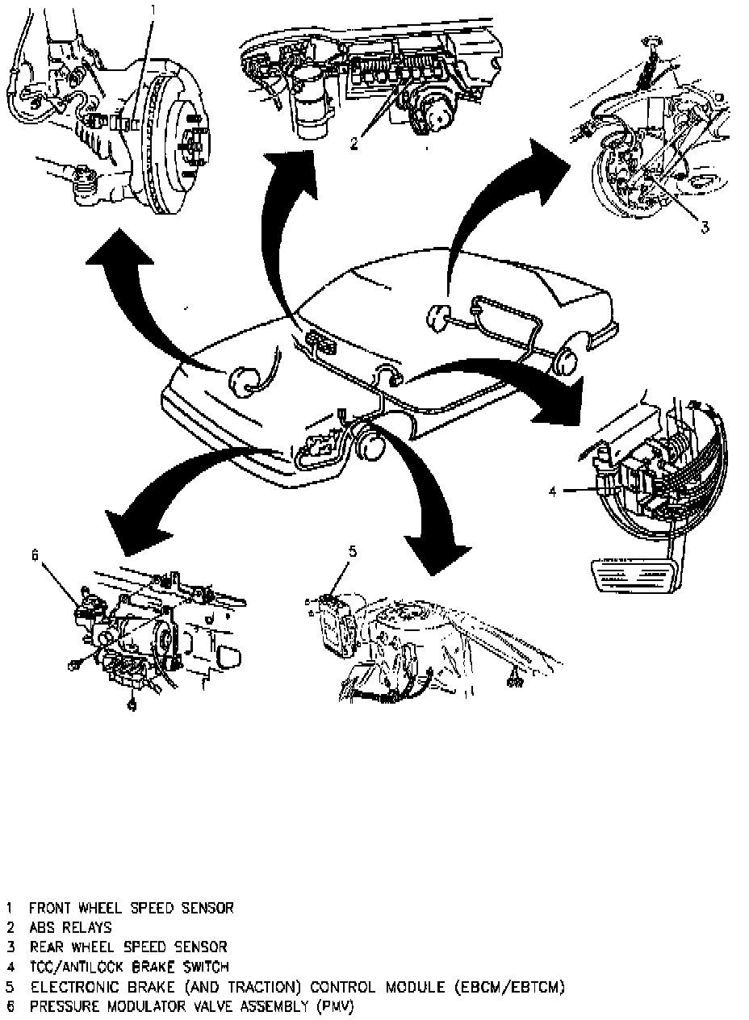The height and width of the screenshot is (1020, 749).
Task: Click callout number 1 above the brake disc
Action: click(x=154, y=10)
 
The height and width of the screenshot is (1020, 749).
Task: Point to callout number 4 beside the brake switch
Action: click(x=553, y=489)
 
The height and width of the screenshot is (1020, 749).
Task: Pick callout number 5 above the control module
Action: click(x=353, y=552)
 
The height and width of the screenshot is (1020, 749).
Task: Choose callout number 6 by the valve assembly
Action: click(x=35, y=554)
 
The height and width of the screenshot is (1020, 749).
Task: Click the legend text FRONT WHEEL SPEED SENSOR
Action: click(x=132, y=908)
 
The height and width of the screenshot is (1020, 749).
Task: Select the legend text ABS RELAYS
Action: click(x=70, y=927)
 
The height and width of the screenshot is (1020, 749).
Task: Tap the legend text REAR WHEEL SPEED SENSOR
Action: click(x=128, y=947)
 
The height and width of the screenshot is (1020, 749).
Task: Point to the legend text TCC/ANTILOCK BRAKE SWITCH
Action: click(x=129, y=966)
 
